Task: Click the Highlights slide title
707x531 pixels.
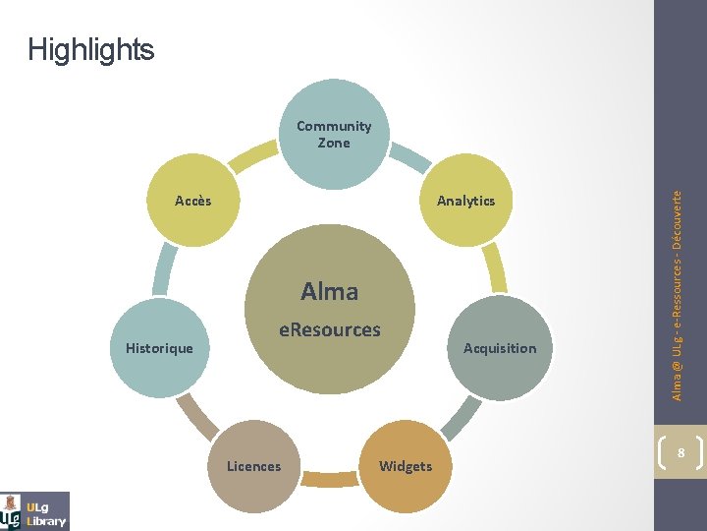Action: point(91,49)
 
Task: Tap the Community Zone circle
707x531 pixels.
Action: point(334,135)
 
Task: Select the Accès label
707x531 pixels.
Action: point(192,201)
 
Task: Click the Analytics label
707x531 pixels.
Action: point(465,201)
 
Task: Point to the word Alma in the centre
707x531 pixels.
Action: point(330,291)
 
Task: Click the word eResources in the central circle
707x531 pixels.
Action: point(330,330)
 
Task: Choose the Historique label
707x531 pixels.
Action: point(159,348)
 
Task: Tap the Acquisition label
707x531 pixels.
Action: point(500,348)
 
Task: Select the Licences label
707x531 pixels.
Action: point(253,466)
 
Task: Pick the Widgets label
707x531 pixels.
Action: point(406,466)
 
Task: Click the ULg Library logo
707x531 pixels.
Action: point(35,510)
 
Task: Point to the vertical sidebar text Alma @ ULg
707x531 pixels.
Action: point(678,295)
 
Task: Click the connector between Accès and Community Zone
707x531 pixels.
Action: point(252,155)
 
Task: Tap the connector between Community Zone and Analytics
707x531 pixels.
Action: point(414,155)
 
